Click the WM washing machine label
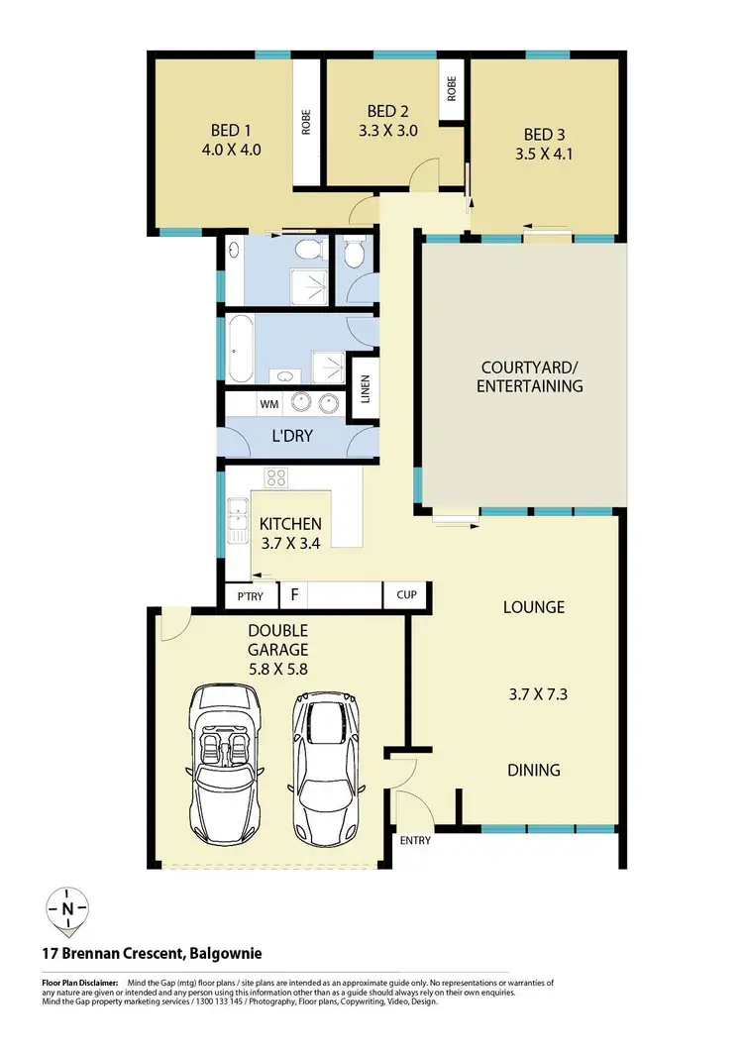tap(268, 404)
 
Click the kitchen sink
tap(238, 516)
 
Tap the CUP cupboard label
tap(406, 595)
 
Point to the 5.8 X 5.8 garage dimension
tap(277, 669)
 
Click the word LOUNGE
tap(534, 607)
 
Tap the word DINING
tap(534, 770)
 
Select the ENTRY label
tap(415, 841)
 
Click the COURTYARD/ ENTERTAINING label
tap(529, 376)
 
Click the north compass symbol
tap(67, 910)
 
